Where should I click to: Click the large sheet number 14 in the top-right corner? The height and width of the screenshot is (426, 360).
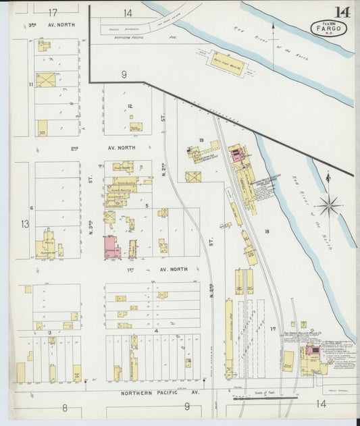pyautogui.click(x=341, y=11)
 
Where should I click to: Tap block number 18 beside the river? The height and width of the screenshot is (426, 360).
pyautogui.click(x=267, y=232)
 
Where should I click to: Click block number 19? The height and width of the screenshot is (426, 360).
pyautogui.click(x=201, y=140)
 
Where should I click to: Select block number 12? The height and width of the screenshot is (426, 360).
pyautogui.click(x=130, y=106)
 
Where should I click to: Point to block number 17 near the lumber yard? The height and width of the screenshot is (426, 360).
pyautogui.click(x=274, y=329)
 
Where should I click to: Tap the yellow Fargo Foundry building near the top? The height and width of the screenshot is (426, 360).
pyautogui.click(x=226, y=63)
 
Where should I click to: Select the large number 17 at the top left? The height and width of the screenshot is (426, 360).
pyautogui.click(x=53, y=12)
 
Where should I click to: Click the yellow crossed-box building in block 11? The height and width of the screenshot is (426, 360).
pyautogui.click(x=46, y=80)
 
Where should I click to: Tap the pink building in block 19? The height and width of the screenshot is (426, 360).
pyautogui.click(x=235, y=155)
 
